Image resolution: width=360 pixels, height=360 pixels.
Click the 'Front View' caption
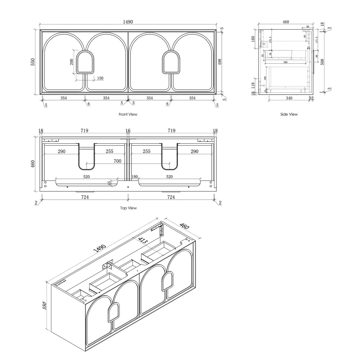[128, 114]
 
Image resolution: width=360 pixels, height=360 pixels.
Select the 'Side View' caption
[289, 114]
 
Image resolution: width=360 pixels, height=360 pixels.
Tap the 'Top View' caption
[128, 208]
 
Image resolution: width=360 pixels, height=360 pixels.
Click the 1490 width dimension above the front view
[128, 22]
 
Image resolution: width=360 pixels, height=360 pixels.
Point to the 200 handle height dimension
[72, 62]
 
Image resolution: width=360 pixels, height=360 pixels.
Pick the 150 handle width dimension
[100, 78]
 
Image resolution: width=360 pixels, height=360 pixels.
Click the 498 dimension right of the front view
[220, 62]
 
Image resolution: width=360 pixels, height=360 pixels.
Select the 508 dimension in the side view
[322, 62]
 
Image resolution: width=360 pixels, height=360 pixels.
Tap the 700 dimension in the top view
[117, 161]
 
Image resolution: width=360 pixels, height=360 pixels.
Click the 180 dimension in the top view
[135, 177]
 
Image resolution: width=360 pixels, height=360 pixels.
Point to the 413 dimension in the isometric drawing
[142, 240]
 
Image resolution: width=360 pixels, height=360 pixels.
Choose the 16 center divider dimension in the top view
[128, 131]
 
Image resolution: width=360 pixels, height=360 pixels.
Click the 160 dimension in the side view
[253, 39]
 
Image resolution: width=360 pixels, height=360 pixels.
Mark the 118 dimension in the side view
[253, 85]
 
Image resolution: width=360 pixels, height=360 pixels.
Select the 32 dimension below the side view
[311, 98]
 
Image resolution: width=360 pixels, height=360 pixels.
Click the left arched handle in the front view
[85, 62]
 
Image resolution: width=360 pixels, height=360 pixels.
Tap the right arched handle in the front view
[171, 62]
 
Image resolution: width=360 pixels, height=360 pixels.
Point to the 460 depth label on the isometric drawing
[184, 227]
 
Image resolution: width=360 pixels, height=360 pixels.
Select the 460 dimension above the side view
[286, 22]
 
